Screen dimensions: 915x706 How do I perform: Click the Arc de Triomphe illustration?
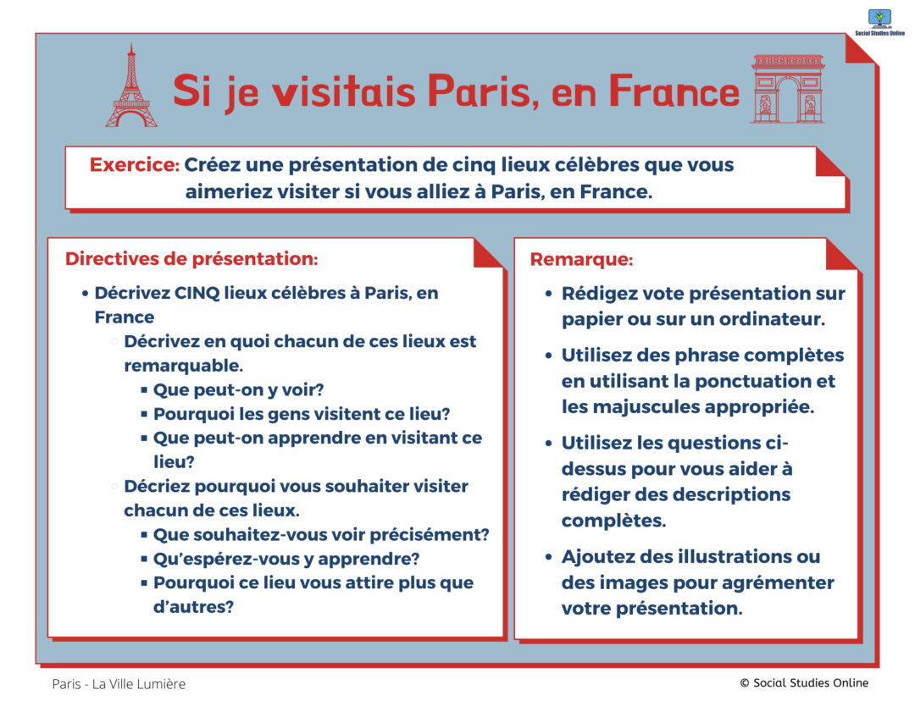[788, 89]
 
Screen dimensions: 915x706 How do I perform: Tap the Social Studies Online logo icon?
[879, 19]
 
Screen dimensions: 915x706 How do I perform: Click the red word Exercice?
[134, 165]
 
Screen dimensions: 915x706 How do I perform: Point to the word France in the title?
[674, 91]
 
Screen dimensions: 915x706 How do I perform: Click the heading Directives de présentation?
[191, 259]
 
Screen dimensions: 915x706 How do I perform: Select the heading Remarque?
[581, 259]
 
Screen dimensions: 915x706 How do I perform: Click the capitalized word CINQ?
[197, 293]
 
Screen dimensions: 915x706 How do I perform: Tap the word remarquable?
[183, 366]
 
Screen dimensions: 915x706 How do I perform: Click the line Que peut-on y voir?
[238, 389]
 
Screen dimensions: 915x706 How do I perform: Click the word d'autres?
[193, 607]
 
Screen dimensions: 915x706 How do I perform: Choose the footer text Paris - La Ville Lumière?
[119, 684]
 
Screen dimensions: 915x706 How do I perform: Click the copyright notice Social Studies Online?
[804, 682]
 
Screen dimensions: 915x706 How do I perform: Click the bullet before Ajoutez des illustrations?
[548, 557]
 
